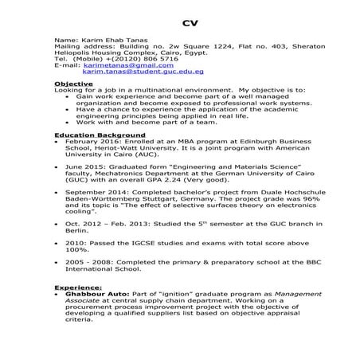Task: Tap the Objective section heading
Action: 74,84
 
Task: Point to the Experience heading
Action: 78,286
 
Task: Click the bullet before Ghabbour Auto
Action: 57,293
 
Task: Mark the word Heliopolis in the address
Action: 75,51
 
